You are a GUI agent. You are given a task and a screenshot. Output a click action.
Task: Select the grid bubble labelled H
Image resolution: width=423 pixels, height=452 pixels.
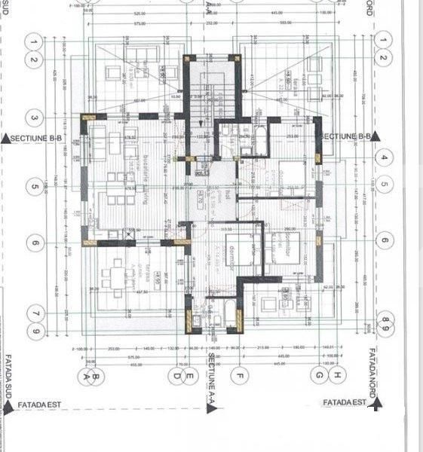pyautogui.click(x=339, y=374)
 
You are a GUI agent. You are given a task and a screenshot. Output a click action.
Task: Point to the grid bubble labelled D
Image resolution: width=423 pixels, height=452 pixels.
pyautogui.click(x=176, y=374)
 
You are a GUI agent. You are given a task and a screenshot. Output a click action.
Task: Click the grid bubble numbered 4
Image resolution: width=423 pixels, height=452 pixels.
pyautogui.click(x=384, y=158)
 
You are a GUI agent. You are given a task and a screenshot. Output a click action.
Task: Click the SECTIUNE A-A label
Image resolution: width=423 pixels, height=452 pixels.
pyautogui.click(x=213, y=377)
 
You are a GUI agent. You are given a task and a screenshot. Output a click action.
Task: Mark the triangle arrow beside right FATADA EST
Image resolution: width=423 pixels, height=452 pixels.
pyautogui.click(x=375, y=404)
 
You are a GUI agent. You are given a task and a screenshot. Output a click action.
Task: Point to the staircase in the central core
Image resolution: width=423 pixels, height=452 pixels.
pyautogui.click(x=198, y=105)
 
